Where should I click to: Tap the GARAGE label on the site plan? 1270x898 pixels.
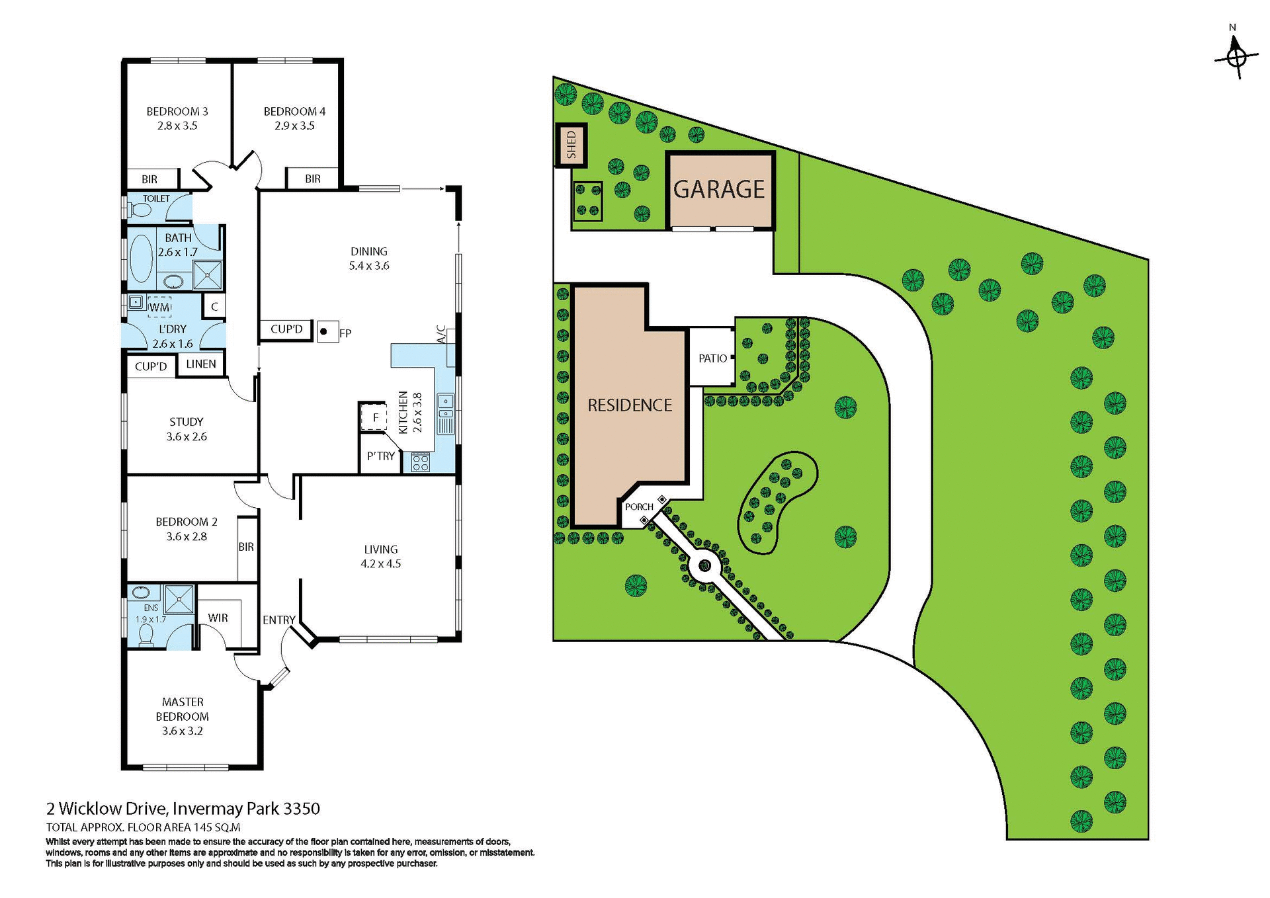(719, 190)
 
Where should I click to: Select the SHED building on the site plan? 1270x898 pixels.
(571, 145)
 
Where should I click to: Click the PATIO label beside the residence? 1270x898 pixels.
(712, 358)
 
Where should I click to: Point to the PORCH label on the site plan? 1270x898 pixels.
(639, 507)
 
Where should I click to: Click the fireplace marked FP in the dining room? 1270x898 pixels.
(324, 331)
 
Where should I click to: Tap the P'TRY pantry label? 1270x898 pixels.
(381, 456)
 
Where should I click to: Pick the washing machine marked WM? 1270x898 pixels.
(159, 307)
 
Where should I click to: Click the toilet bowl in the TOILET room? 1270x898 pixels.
(141, 210)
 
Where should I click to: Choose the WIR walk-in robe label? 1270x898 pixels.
(218, 618)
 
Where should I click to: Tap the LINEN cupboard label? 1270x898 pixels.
(201, 364)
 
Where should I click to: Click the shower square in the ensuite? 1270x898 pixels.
(179, 600)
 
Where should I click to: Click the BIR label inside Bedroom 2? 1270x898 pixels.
(246, 547)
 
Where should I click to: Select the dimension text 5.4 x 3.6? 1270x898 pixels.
(369, 266)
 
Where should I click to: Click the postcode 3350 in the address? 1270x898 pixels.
(302, 808)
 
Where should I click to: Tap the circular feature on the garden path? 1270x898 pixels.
(704, 566)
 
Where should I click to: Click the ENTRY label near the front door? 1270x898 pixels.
(278, 620)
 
